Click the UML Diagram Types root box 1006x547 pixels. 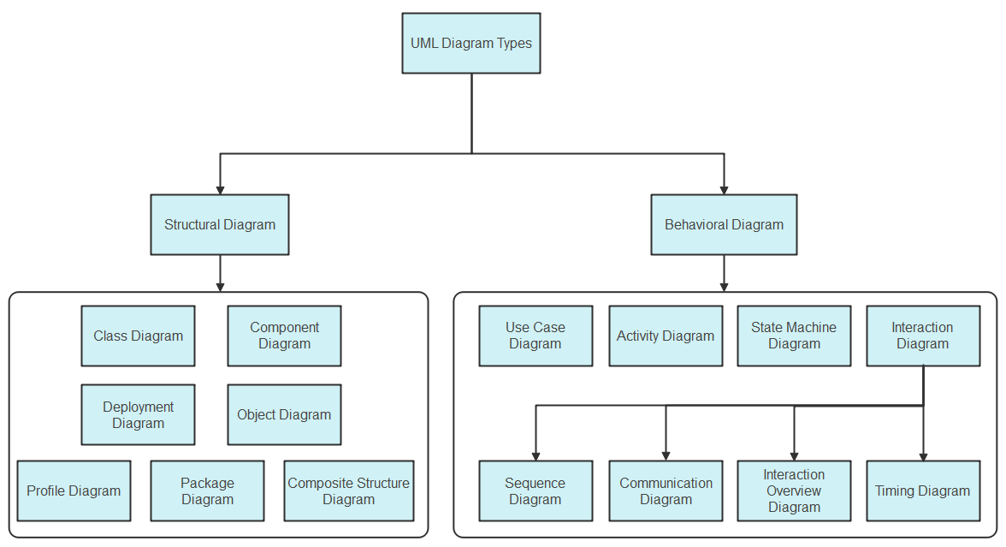[x=471, y=43]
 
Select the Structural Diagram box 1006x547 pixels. [x=220, y=224]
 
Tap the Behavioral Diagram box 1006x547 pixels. [x=724, y=224]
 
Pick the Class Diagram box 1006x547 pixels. [x=138, y=336]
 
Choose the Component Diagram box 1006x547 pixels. [x=284, y=336]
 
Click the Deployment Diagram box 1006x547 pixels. [x=138, y=414]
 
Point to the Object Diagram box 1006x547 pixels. [x=284, y=414]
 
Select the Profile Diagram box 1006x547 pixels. [x=74, y=491]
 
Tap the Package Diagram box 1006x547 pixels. [x=207, y=491]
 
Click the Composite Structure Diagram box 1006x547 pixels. [x=348, y=491]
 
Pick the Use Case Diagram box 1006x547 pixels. [x=536, y=336]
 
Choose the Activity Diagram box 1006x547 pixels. [x=666, y=336]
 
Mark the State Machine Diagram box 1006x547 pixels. [x=794, y=336]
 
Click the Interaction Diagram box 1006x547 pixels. [x=923, y=336]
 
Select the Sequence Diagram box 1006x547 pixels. [x=536, y=491]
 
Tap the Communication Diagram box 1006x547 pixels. [x=666, y=491]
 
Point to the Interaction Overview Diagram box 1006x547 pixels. [x=794, y=491]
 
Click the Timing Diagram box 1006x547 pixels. [x=923, y=491]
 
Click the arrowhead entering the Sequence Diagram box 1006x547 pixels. [x=536, y=455]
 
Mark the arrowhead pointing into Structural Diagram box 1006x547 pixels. [x=220, y=189]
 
